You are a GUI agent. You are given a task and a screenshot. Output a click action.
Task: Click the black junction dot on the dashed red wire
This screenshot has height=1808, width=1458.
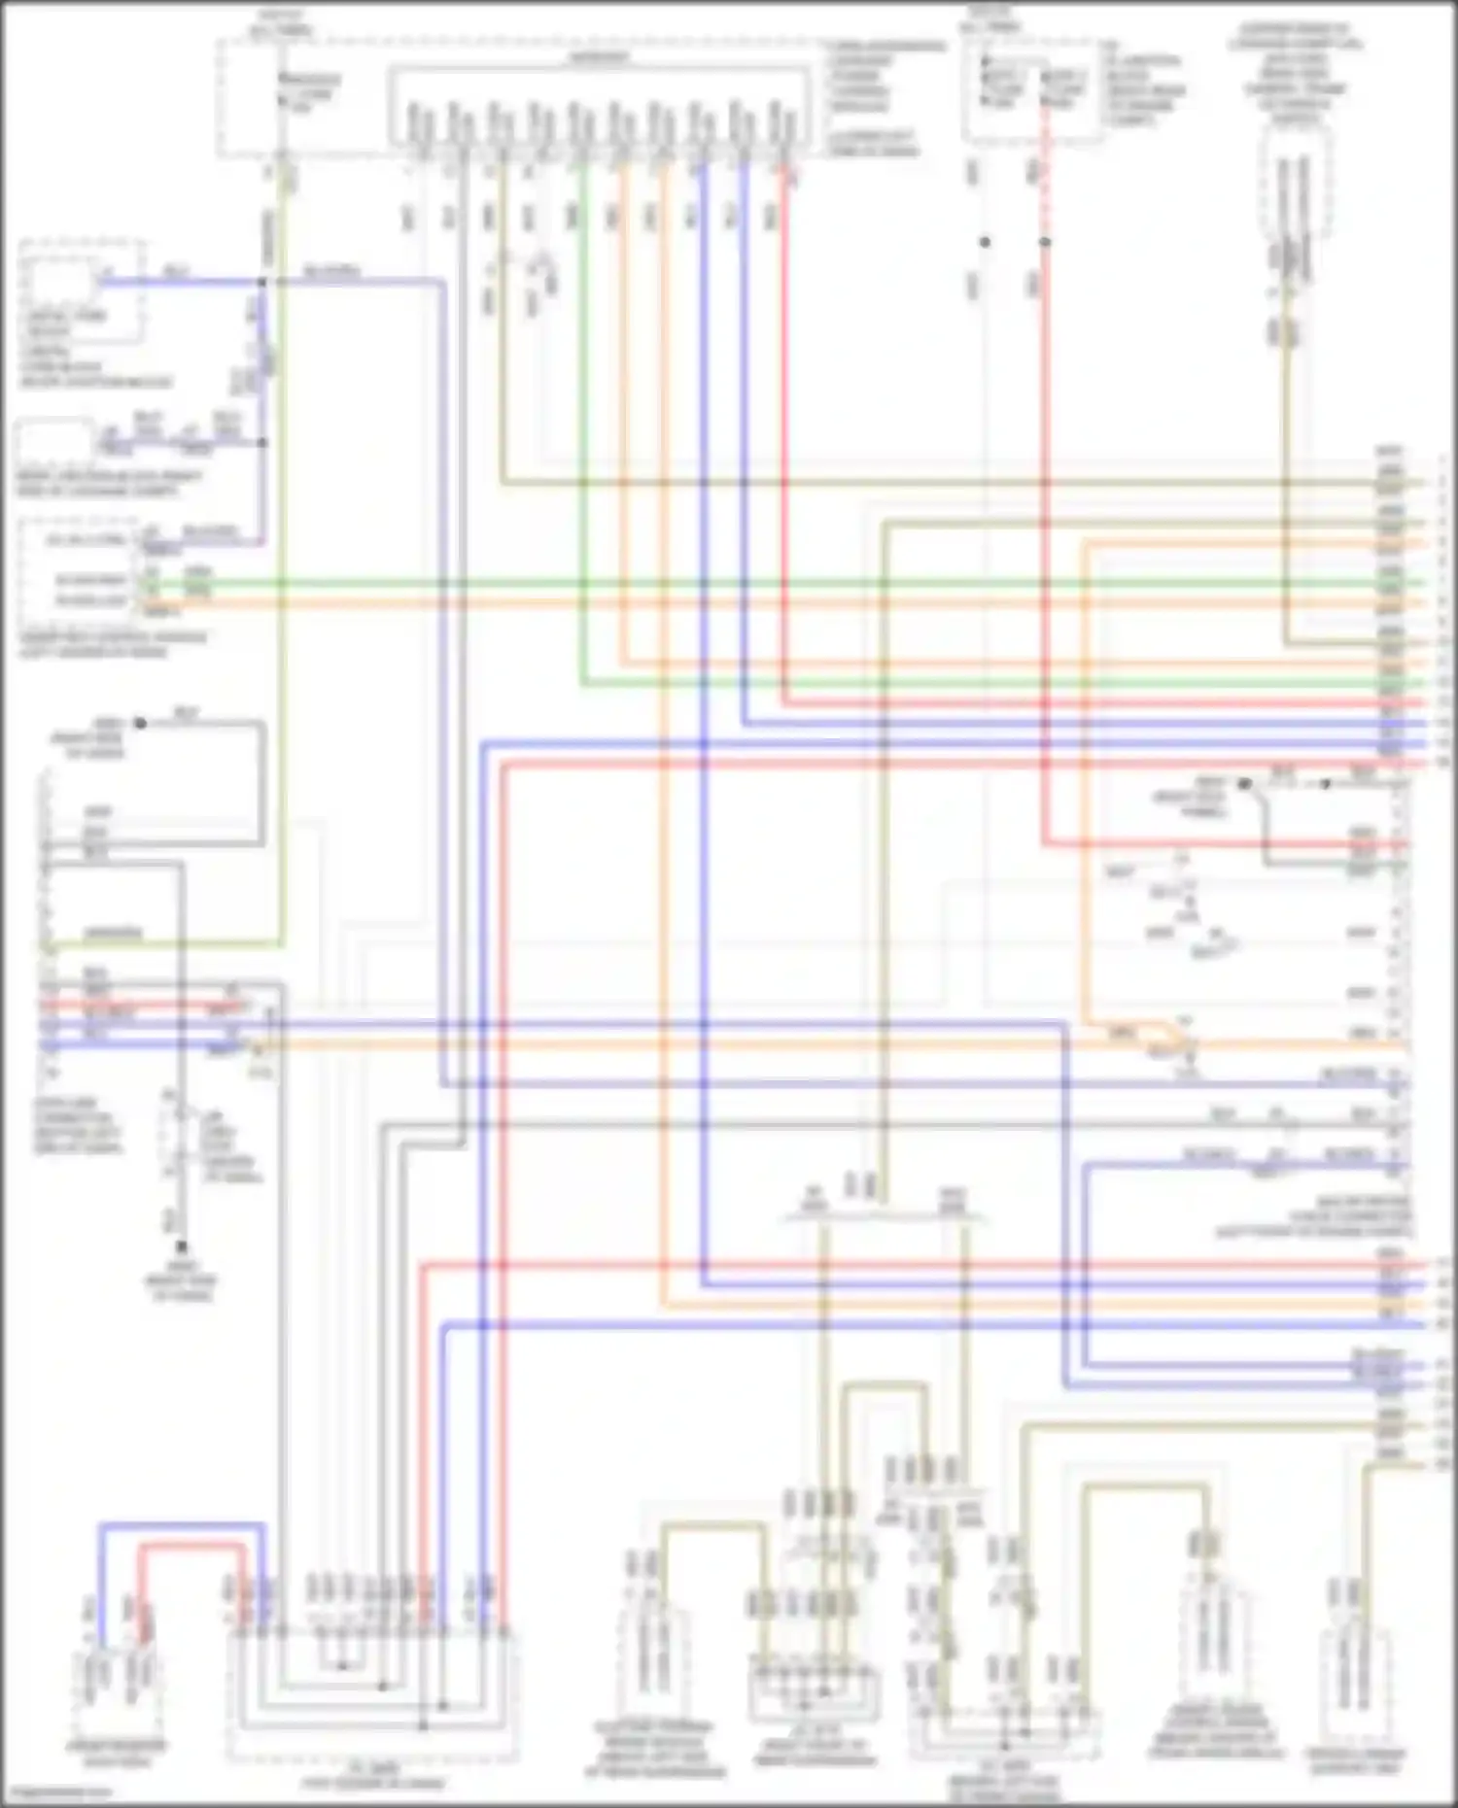[1046, 242]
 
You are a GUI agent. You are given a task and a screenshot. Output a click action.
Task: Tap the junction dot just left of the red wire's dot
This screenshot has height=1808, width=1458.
[985, 242]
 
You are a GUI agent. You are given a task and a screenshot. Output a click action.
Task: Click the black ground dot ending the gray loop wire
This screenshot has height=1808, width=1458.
[140, 723]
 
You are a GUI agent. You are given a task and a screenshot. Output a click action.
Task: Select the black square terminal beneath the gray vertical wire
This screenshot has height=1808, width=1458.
[181, 1245]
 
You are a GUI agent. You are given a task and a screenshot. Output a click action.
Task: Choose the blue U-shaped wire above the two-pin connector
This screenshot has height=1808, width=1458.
[181, 1526]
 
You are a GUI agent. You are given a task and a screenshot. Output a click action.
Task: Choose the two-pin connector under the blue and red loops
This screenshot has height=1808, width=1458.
[118, 1681]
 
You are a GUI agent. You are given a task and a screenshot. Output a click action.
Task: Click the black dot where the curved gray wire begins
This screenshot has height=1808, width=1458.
[1245, 784]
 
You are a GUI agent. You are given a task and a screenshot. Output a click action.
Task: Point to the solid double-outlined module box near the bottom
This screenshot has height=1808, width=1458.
[815, 1695]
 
